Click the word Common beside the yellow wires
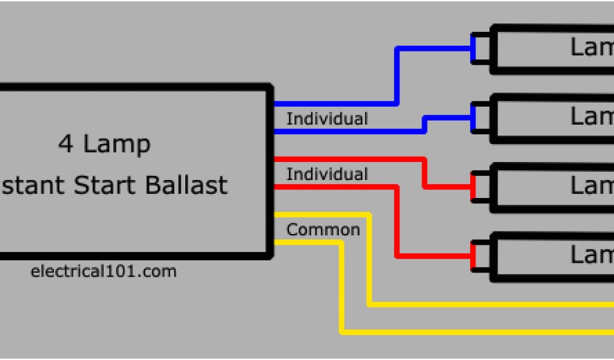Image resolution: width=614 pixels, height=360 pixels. (323, 230)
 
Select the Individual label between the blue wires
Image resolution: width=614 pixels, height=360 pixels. (327, 119)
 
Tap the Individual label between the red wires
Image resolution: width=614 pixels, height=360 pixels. (327, 175)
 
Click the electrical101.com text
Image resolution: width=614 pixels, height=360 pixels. (103, 271)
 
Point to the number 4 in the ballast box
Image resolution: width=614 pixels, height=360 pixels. (65, 144)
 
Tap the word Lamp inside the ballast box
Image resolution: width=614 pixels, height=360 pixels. (117, 145)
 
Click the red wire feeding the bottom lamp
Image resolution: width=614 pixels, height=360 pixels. (396, 222)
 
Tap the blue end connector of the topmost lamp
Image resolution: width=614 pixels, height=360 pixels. (474, 48)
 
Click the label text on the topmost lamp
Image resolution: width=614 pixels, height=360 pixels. (591, 48)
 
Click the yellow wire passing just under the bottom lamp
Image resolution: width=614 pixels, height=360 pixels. (480, 304)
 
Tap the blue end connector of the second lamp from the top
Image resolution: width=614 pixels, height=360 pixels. (474, 118)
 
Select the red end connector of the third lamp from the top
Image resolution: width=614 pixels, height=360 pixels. (474, 187)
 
